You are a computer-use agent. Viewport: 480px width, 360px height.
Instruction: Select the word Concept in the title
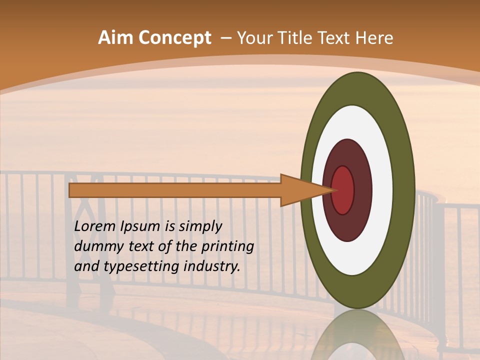(174, 38)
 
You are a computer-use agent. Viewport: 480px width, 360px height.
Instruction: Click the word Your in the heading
(255, 38)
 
